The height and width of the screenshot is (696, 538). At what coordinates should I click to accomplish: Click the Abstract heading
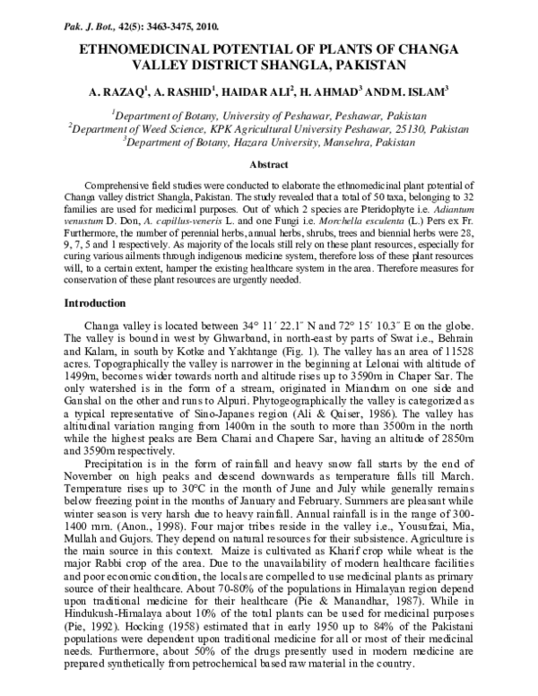[x=268, y=165]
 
